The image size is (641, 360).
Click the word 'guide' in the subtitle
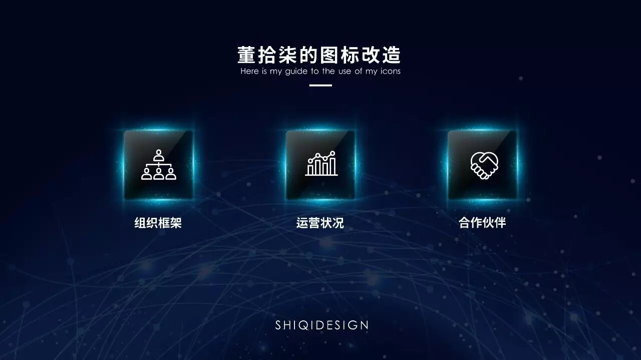pos(296,71)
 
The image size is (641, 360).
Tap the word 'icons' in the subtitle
pos(390,71)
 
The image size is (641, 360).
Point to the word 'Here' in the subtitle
pos(249,71)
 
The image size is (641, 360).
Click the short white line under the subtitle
pos(320,86)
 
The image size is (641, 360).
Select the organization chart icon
pos(159,165)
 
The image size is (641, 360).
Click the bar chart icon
pos(322,164)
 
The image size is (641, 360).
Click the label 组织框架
pos(158,223)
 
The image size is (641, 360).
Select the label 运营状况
pos(320,223)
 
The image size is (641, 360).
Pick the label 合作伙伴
pos(482,222)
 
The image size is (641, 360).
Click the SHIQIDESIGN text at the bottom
pos(322,325)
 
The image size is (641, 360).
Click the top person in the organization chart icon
pos(159,155)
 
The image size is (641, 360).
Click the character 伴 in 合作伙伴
pos(500,222)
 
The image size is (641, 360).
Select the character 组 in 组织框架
pos(140,223)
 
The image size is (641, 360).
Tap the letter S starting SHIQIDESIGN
pos(278,325)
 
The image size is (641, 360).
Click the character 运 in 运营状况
pos(302,223)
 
